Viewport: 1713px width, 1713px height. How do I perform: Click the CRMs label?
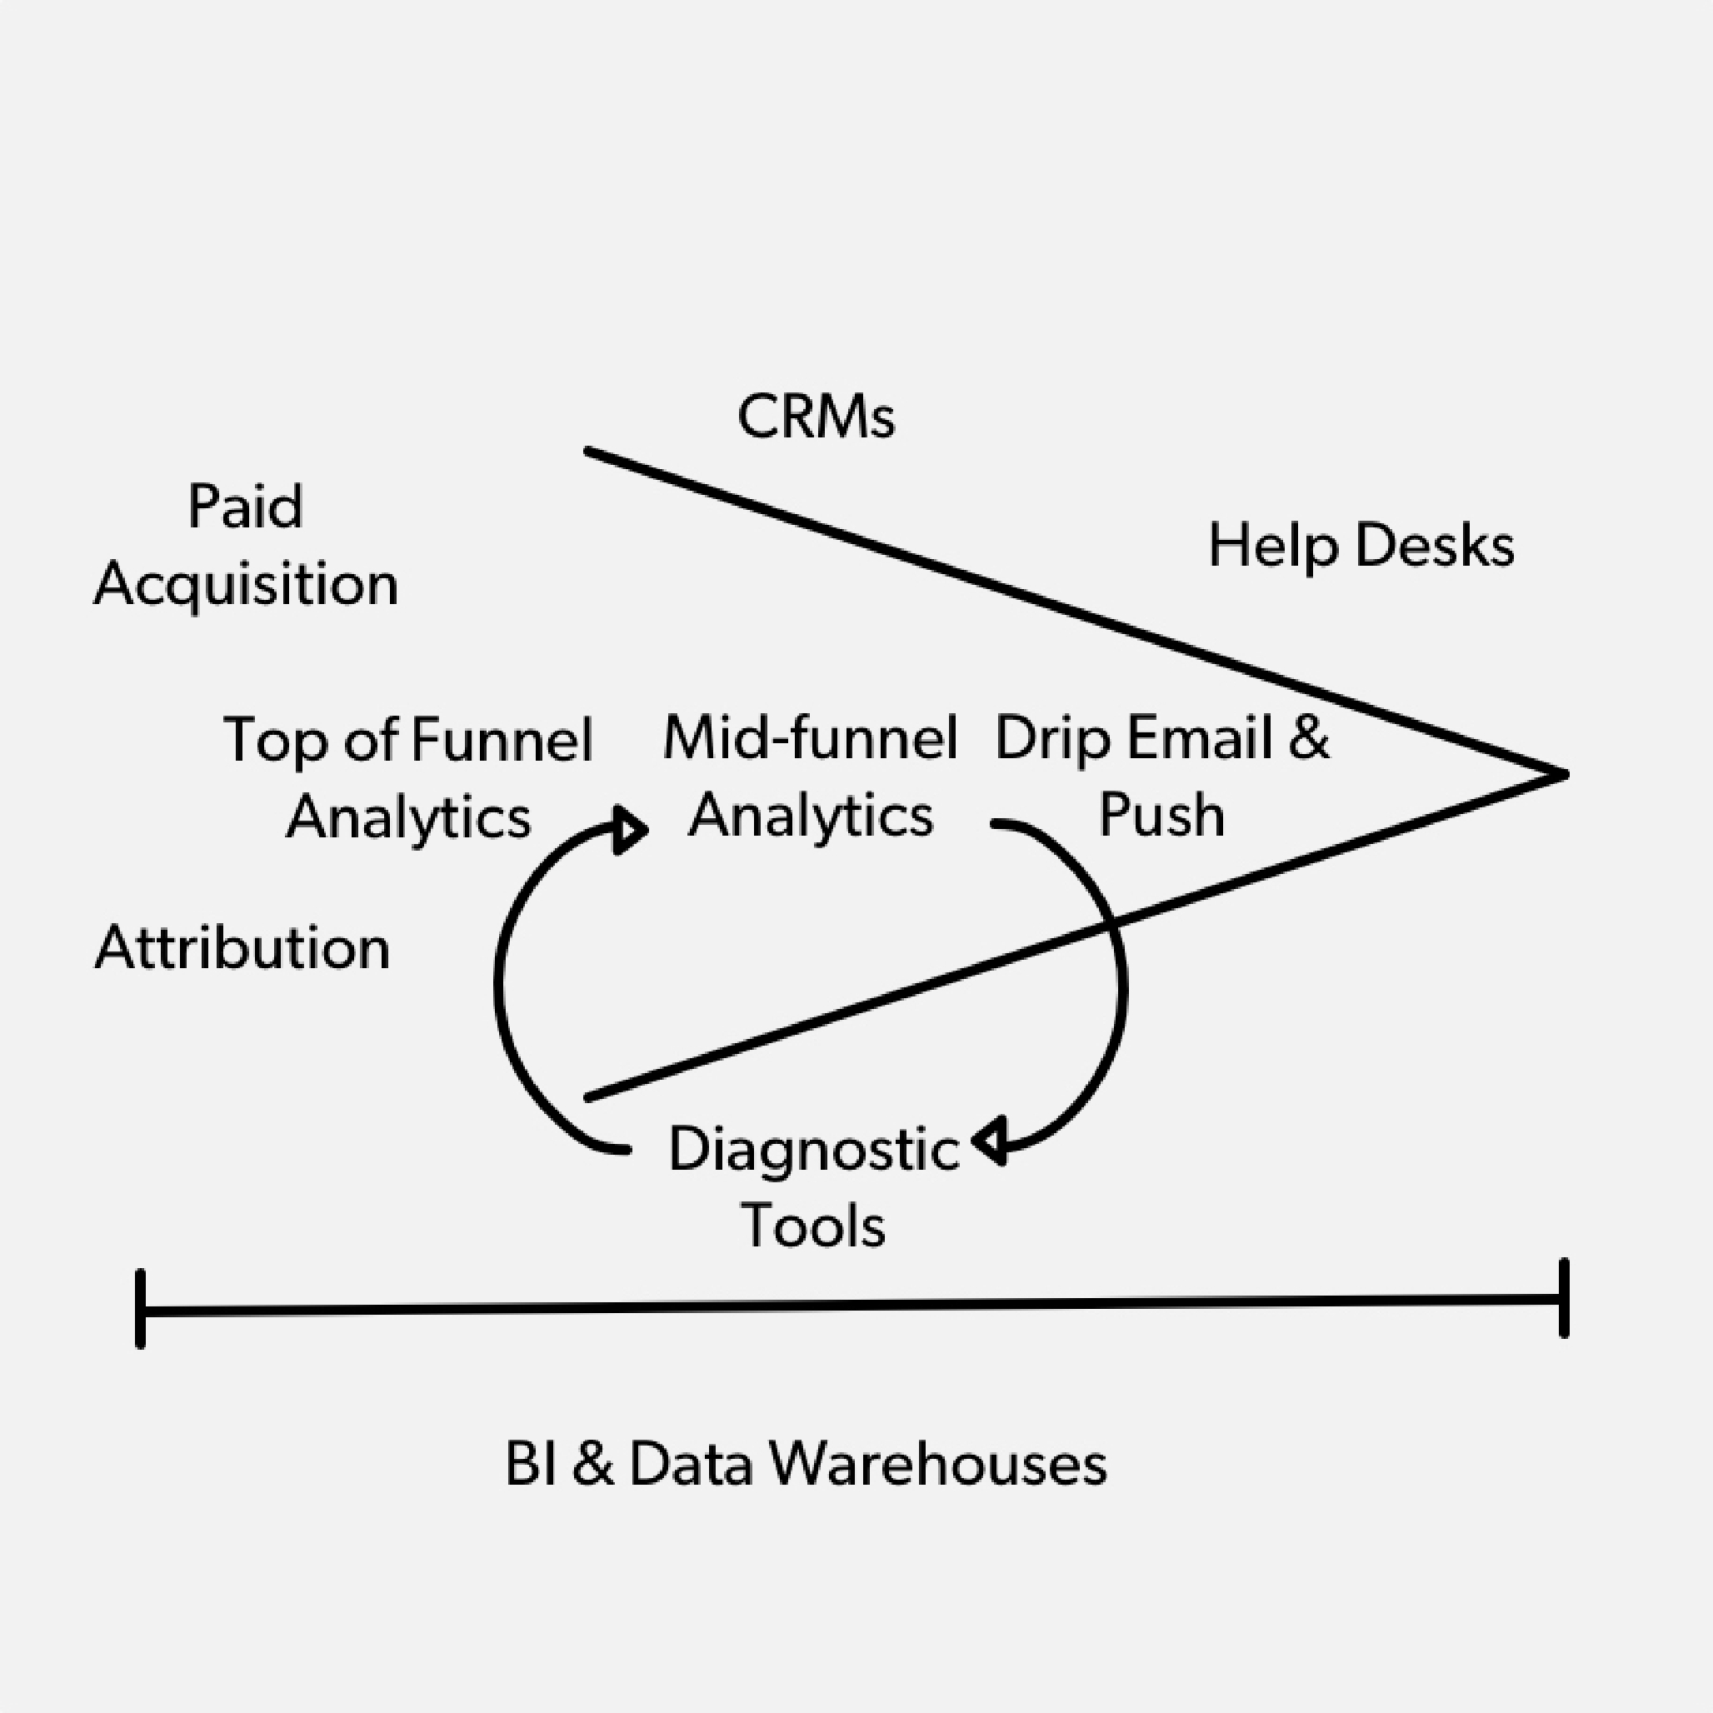(x=816, y=417)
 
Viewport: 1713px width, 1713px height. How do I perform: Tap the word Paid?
(x=246, y=507)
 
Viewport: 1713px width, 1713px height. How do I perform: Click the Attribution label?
(x=242, y=948)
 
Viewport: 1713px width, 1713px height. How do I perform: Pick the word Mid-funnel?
(x=811, y=737)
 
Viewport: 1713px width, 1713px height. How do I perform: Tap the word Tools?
(x=814, y=1226)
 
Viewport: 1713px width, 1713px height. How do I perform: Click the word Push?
(x=1161, y=815)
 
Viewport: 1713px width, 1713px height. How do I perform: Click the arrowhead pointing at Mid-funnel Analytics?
(x=631, y=830)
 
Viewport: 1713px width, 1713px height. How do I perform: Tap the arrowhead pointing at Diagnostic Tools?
(x=990, y=1141)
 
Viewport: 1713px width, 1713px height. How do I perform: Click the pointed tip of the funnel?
(x=1565, y=774)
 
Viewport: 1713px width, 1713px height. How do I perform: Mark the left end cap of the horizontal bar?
(x=140, y=1309)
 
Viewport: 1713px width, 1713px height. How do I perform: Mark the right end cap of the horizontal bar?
(x=1564, y=1297)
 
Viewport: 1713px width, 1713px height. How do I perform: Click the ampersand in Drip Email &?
(x=1309, y=737)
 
